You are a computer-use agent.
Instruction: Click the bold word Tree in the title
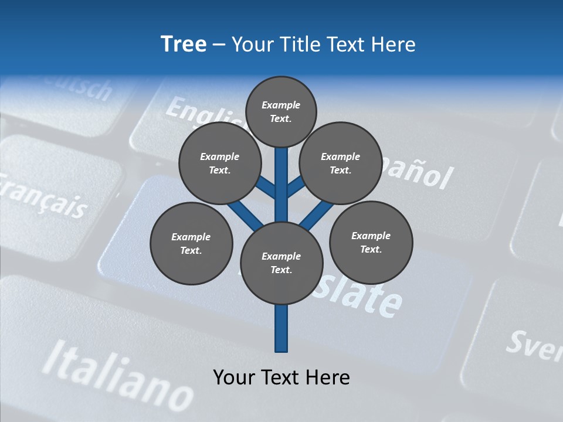point(184,44)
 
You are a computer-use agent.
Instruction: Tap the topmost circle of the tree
point(281,111)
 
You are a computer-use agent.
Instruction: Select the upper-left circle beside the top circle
point(220,164)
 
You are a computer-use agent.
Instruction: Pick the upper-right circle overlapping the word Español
point(340,163)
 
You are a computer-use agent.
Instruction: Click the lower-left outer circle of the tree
point(191,243)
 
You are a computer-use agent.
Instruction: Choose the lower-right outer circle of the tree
point(371,242)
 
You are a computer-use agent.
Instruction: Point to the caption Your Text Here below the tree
point(281,377)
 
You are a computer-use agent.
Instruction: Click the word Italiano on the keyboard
point(117,376)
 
